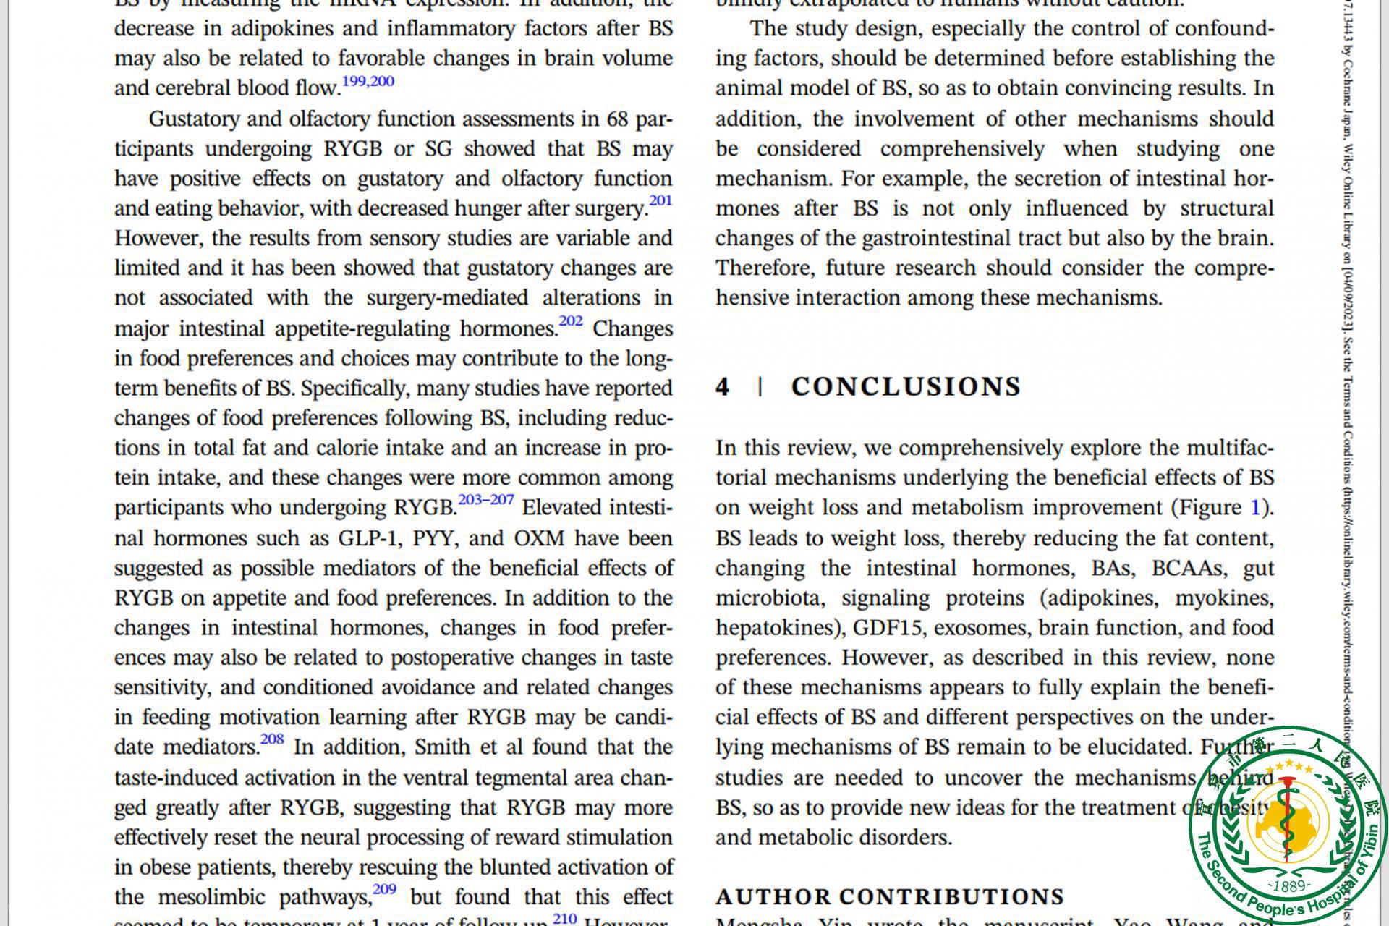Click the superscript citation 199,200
pos(368,81)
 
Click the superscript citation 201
pos(660,201)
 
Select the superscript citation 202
pos(570,321)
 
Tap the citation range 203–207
pos(485,500)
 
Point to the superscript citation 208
pos(272,739)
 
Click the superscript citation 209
pos(384,889)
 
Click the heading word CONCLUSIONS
pos(906,387)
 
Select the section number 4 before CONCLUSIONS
pos(722,387)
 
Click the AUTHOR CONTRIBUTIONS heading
pos(890,897)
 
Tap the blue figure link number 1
pos(1255,508)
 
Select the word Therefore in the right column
pos(765,268)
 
